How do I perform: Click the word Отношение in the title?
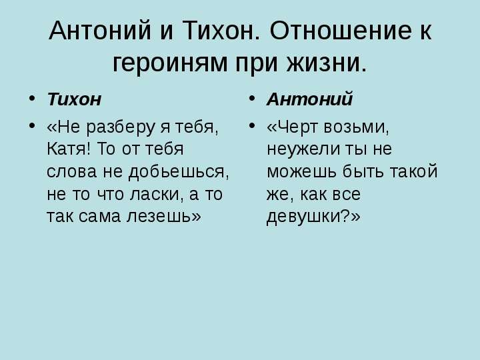(x=341, y=30)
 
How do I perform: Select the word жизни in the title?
(x=327, y=63)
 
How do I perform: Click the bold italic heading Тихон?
(x=74, y=99)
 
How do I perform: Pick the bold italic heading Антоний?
(x=310, y=99)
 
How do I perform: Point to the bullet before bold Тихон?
(x=31, y=99)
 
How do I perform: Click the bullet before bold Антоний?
(x=251, y=99)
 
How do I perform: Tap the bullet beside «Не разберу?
(x=31, y=125)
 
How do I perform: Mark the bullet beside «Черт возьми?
(x=251, y=125)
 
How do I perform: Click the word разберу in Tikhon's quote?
(x=121, y=127)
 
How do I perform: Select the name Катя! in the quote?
(x=69, y=149)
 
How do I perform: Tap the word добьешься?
(x=179, y=172)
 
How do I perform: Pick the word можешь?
(x=301, y=172)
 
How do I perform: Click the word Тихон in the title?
(x=221, y=30)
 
